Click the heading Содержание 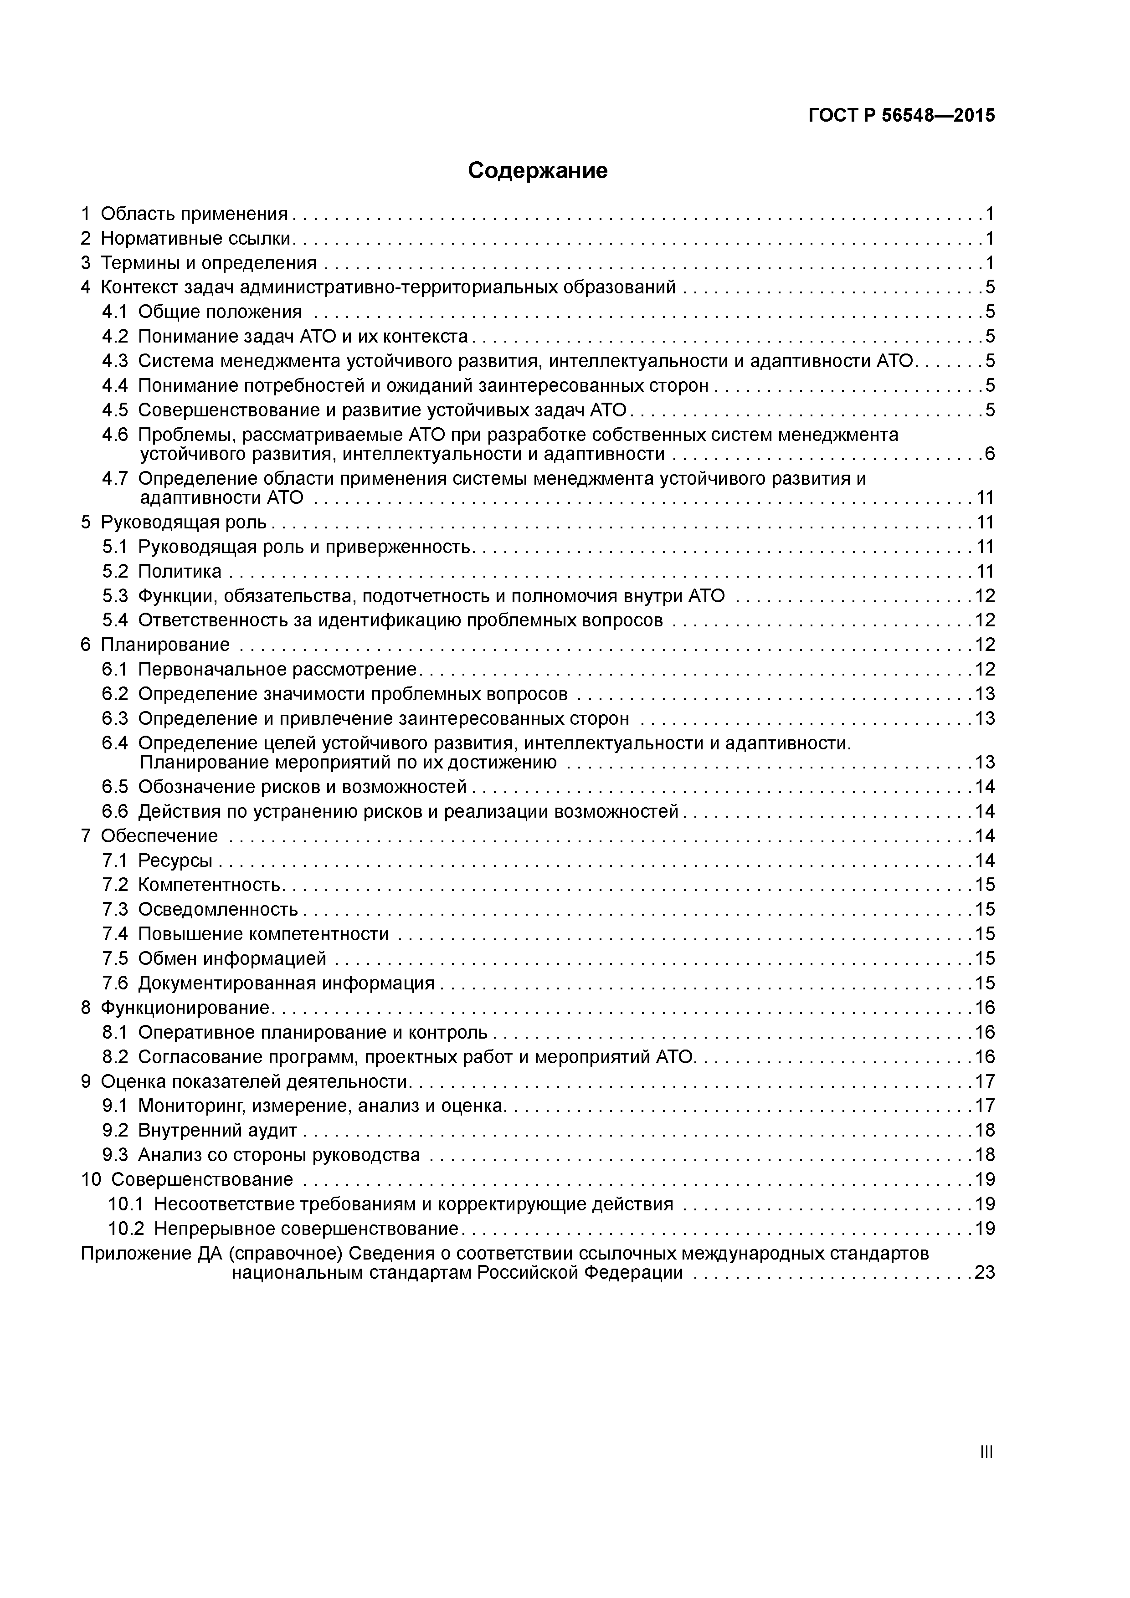tap(538, 170)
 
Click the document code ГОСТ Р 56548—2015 tap(902, 116)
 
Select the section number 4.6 tap(115, 435)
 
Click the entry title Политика tap(180, 571)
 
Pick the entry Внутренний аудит tap(217, 1130)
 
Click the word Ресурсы tap(175, 861)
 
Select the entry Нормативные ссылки tap(195, 239)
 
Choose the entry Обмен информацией tap(232, 959)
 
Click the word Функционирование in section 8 tap(185, 1008)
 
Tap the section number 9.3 tap(115, 1155)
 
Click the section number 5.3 tap(115, 596)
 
